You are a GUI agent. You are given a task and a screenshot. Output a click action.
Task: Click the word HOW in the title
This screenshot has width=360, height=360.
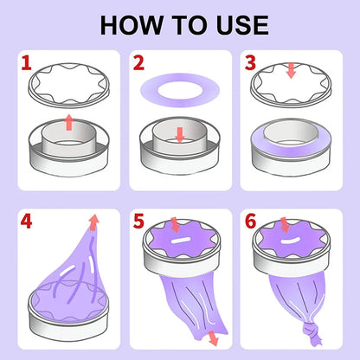pos(132,25)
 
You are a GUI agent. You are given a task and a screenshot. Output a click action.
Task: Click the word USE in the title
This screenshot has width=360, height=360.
pos(242,25)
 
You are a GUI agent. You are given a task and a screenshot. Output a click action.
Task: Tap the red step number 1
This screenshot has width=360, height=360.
pos(26,63)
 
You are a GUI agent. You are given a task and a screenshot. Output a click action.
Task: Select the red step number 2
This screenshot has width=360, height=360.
pos(138,63)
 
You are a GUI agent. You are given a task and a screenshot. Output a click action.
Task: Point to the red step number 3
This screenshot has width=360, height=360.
pos(250,63)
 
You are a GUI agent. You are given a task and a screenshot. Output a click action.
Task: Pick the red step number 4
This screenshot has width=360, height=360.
pos(26,222)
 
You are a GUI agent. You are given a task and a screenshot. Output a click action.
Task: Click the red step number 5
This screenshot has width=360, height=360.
pos(138,222)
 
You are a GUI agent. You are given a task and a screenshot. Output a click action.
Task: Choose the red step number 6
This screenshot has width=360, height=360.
pos(250,222)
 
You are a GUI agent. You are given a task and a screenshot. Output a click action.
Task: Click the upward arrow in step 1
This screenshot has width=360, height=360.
pos(68,122)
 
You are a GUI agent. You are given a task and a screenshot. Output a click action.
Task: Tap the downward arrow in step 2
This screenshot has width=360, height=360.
pos(180,135)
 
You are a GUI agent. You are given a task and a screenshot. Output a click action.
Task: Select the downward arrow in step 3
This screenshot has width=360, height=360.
pos(292,70)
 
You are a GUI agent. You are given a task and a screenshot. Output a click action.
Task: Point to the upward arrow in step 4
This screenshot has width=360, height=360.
pos(93,222)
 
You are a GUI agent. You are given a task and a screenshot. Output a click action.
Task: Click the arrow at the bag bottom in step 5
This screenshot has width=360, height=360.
pos(213,338)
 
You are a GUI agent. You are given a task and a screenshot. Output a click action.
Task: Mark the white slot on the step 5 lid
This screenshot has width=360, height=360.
pos(181,241)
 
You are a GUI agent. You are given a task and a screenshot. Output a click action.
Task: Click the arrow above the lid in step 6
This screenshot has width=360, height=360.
pos(285,225)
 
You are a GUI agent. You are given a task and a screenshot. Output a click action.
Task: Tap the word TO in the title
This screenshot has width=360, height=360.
pos(190,25)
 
